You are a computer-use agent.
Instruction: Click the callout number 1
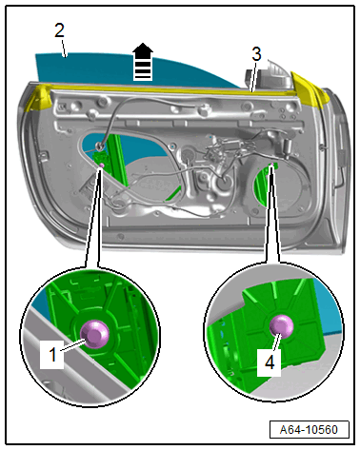pos(52,354)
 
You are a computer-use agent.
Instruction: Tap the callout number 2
pos(60,30)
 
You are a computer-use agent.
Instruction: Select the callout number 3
pos(256,54)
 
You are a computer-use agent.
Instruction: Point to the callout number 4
pos(270,362)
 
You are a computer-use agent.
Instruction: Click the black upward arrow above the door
pos(143,62)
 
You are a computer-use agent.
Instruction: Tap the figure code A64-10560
pos(309,430)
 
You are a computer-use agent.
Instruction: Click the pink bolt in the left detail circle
pos(94,334)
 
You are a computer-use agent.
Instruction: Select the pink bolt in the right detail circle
pos(281,327)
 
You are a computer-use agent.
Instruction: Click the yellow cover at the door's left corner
pos(37,97)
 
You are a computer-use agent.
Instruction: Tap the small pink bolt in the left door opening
pos(102,166)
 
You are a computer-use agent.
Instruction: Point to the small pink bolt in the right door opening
pos(271,165)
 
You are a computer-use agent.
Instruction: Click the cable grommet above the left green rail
pos(100,146)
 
